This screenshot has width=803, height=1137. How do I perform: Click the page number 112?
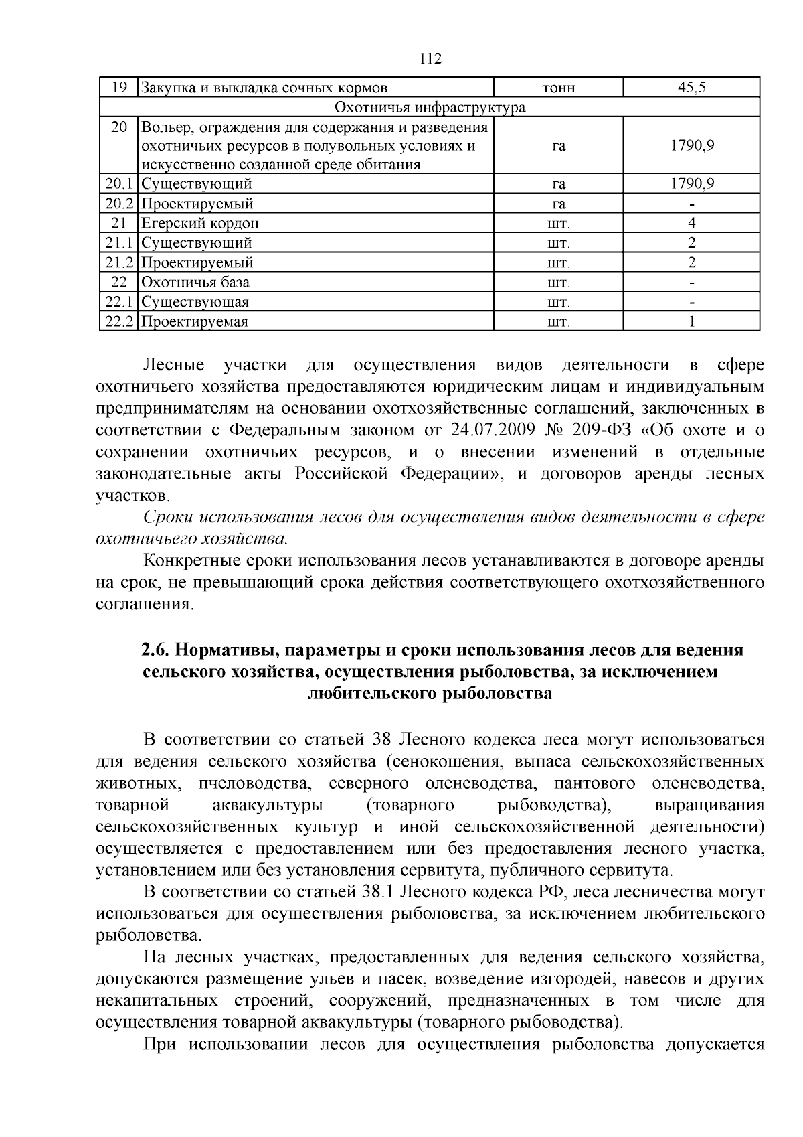[430, 59]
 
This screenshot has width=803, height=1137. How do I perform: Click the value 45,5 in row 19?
[691, 88]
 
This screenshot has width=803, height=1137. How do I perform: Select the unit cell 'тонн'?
[558, 88]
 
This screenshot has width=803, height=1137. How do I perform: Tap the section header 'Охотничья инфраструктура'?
[429, 107]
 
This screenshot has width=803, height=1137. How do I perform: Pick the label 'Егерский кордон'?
[199, 223]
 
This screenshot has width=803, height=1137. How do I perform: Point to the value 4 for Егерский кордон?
[691, 223]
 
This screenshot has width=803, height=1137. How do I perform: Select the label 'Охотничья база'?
[195, 282]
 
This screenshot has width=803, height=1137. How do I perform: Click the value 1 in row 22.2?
[691, 321]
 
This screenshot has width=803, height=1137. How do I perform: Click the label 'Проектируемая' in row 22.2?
[195, 321]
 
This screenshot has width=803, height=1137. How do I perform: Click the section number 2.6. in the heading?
[156, 650]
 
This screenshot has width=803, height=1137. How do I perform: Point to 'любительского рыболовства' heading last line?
[429, 693]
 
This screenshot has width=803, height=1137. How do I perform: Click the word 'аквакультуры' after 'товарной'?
[267, 804]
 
